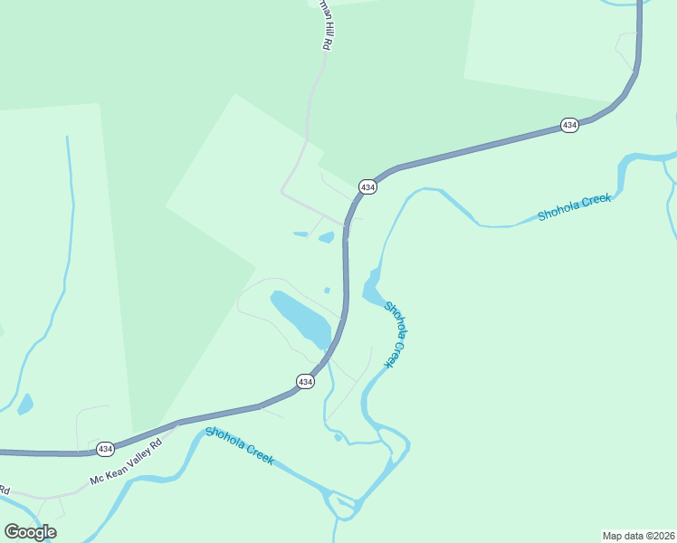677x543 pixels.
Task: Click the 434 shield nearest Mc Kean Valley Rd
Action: click(105, 449)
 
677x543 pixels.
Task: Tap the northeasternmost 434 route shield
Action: click(569, 125)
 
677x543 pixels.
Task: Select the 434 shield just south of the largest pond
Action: click(306, 382)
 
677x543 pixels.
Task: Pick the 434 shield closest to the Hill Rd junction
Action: click(367, 186)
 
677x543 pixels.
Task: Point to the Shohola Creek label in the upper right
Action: click(574, 207)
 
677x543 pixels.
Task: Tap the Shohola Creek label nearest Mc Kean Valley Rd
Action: click(240, 445)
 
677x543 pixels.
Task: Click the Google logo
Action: click(30, 532)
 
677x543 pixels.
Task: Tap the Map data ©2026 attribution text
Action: click(638, 535)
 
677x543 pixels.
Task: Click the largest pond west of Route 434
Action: click(300, 319)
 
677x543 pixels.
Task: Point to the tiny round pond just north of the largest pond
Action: click(327, 291)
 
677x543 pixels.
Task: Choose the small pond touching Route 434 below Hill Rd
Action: click(327, 238)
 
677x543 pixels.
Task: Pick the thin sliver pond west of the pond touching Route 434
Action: click(300, 234)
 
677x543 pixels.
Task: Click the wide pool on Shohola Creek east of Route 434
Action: click(372, 288)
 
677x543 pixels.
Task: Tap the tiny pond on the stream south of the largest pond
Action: click(338, 437)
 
